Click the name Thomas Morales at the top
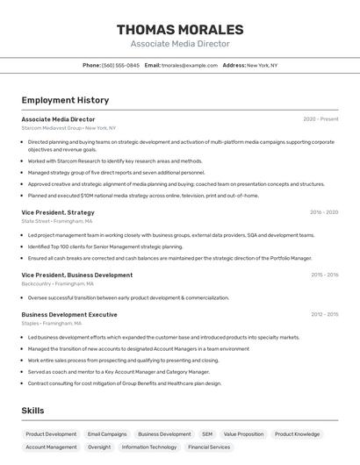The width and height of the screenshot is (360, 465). click(x=180, y=30)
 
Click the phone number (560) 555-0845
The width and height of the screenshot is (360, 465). click(x=120, y=65)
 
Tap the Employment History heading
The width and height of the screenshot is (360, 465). click(x=65, y=100)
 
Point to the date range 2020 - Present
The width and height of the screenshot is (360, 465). click(x=320, y=119)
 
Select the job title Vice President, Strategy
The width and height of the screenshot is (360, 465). click(x=58, y=212)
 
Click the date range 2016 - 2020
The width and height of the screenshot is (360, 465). click(x=324, y=212)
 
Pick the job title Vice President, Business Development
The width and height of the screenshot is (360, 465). click(x=77, y=275)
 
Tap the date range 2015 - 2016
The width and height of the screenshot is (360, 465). click(x=324, y=275)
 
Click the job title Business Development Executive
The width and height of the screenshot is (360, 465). click(x=69, y=314)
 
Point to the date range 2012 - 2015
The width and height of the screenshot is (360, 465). click(x=324, y=314)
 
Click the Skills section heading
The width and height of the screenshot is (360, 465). click(x=32, y=411)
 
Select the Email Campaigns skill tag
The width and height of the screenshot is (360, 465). click(x=107, y=433)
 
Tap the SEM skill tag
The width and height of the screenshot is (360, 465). click(x=207, y=433)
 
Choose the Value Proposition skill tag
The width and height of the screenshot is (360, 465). click(x=243, y=433)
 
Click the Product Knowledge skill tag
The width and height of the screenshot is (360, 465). click(x=297, y=433)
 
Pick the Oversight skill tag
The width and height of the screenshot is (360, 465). click(x=99, y=447)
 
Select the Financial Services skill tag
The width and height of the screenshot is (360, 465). click(x=209, y=447)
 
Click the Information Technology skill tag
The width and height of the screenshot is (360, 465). click(x=149, y=447)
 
